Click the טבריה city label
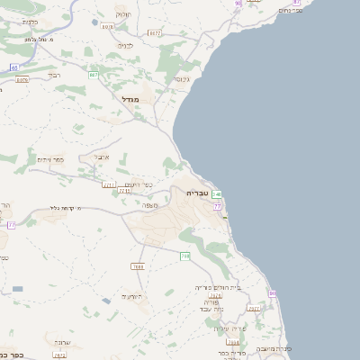197,193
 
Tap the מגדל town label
130,99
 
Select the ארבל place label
102,157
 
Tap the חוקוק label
122,14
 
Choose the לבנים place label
126,45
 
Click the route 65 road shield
14,67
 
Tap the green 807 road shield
93,75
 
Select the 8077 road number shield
155,33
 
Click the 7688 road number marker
138,266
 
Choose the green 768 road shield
184,256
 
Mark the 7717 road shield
110,184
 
